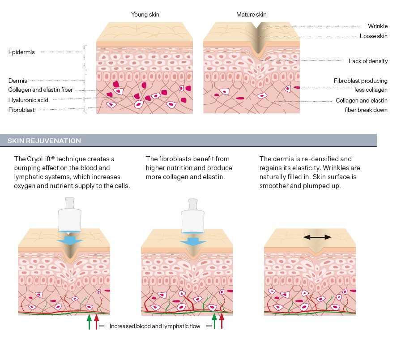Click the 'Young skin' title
pos(145,15)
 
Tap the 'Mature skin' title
pos(251,15)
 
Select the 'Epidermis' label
pos(21,52)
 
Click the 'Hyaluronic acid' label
pos(28,100)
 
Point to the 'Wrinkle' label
pos(378,26)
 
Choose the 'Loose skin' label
pos(374,36)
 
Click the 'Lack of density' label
pos(368,61)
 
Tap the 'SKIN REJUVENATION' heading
pos(44,141)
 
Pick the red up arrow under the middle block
pos(221,321)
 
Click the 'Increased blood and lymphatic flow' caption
pos(155,326)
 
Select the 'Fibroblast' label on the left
pos(21,110)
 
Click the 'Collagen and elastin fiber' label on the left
pos(40,90)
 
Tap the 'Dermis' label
pos(18,81)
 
